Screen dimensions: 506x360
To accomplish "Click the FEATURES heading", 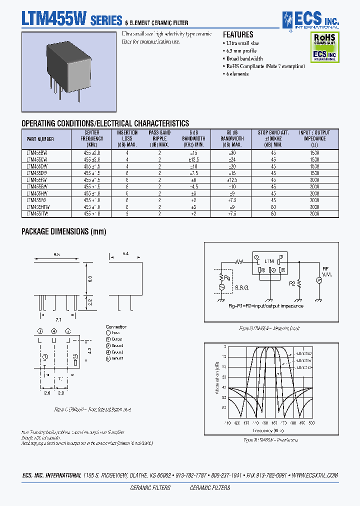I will click(x=237, y=35).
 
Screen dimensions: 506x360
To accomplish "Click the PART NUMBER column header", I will click(x=39, y=139).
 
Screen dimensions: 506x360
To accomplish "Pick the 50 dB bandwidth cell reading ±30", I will click(x=232, y=152).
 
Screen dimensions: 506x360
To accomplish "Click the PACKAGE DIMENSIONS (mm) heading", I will click(x=63, y=231).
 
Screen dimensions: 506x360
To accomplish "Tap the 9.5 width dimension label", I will click(x=56, y=254).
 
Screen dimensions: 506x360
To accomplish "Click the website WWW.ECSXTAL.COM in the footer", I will click(x=314, y=475).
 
